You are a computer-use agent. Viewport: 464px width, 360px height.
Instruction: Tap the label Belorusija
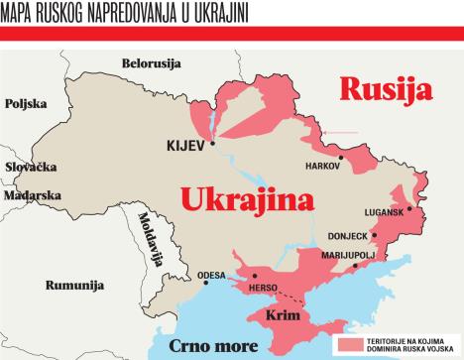(x=151, y=63)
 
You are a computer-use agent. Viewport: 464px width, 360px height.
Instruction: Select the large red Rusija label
(x=387, y=89)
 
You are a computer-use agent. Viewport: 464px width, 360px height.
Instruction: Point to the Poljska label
(x=26, y=103)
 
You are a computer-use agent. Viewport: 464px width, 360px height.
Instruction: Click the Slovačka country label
(x=31, y=168)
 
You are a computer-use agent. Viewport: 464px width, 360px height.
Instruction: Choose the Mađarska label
(x=32, y=195)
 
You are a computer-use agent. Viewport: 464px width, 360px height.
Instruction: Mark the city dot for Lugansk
(x=408, y=212)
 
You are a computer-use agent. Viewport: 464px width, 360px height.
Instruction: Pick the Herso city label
(x=264, y=288)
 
